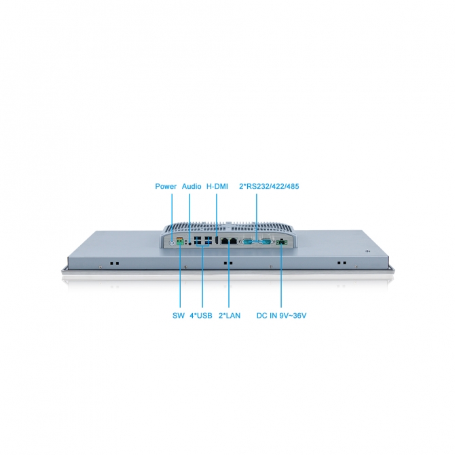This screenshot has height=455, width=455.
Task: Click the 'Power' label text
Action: [x=166, y=186]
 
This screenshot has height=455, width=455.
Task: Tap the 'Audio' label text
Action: [x=192, y=186]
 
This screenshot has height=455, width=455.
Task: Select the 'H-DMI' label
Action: [x=217, y=186]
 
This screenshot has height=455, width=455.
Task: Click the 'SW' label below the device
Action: [x=179, y=315]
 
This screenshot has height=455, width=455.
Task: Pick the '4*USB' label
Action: [x=202, y=315]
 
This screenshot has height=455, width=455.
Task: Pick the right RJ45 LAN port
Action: [x=234, y=240]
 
